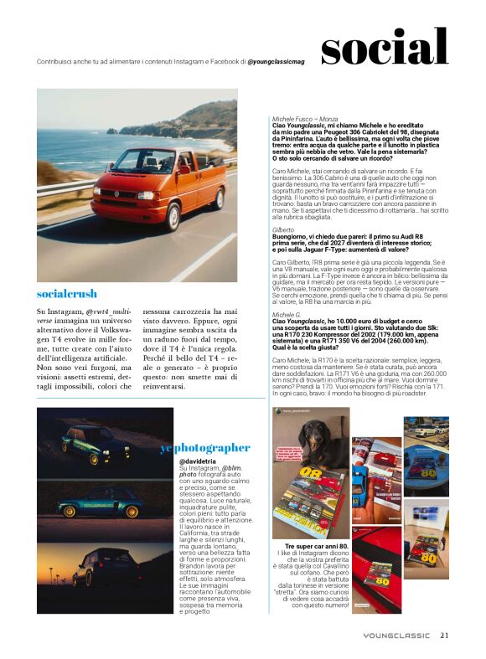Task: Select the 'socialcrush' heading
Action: pos(67,294)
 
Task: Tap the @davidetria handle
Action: pos(198,461)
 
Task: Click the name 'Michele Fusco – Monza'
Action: pos(305,120)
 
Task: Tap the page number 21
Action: pos(445,634)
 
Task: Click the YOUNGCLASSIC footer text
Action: pos(399,634)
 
